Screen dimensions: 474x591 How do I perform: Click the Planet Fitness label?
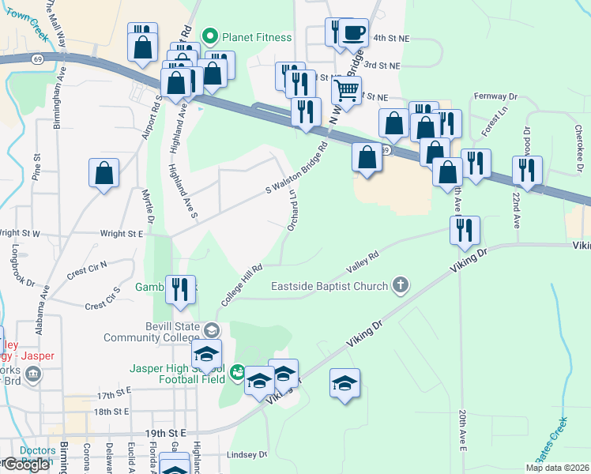click(x=256, y=36)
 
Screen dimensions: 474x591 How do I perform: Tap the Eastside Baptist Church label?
click(x=329, y=286)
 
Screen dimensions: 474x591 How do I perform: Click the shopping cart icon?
click(x=346, y=90)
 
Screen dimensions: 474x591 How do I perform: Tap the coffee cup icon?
click(x=354, y=33)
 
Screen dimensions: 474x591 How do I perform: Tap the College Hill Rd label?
click(x=241, y=285)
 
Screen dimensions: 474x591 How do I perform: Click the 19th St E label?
click(x=164, y=434)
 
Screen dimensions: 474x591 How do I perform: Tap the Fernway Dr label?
click(x=495, y=96)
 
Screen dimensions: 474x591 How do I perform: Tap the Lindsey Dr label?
click(x=248, y=454)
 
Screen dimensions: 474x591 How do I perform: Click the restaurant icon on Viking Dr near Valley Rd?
click(x=465, y=230)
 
